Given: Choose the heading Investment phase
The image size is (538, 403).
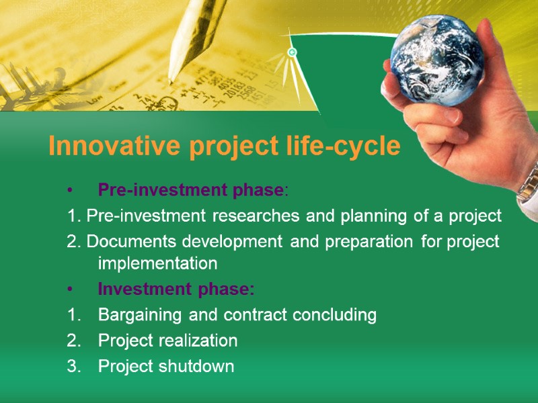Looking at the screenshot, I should [x=176, y=290].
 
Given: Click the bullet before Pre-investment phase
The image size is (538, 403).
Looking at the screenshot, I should [x=70, y=191].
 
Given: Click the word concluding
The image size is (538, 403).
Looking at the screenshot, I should [x=334, y=315].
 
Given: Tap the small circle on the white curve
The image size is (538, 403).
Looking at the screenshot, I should [x=292, y=52].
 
